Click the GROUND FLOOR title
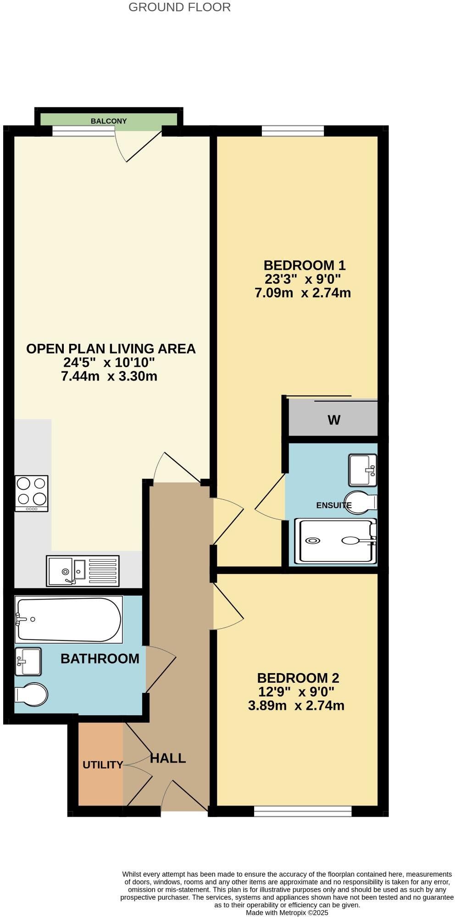[x=179, y=7]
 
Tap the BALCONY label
[x=109, y=121]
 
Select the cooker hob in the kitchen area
[x=32, y=493]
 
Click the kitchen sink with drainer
[x=83, y=571]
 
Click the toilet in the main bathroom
[x=31, y=695]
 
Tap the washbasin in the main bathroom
[x=28, y=661]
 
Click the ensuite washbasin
[x=363, y=470]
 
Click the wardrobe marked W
[x=333, y=419]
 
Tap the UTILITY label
[x=103, y=765]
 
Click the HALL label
[x=168, y=758]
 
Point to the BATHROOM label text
[x=100, y=659]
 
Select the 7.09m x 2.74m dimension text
[x=303, y=293]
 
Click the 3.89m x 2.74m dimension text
[x=296, y=705]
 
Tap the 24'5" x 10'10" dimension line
[x=109, y=363]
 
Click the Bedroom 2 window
[x=303, y=812]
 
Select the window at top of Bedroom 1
[x=293, y=131]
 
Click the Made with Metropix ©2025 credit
[x=287, y=912]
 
